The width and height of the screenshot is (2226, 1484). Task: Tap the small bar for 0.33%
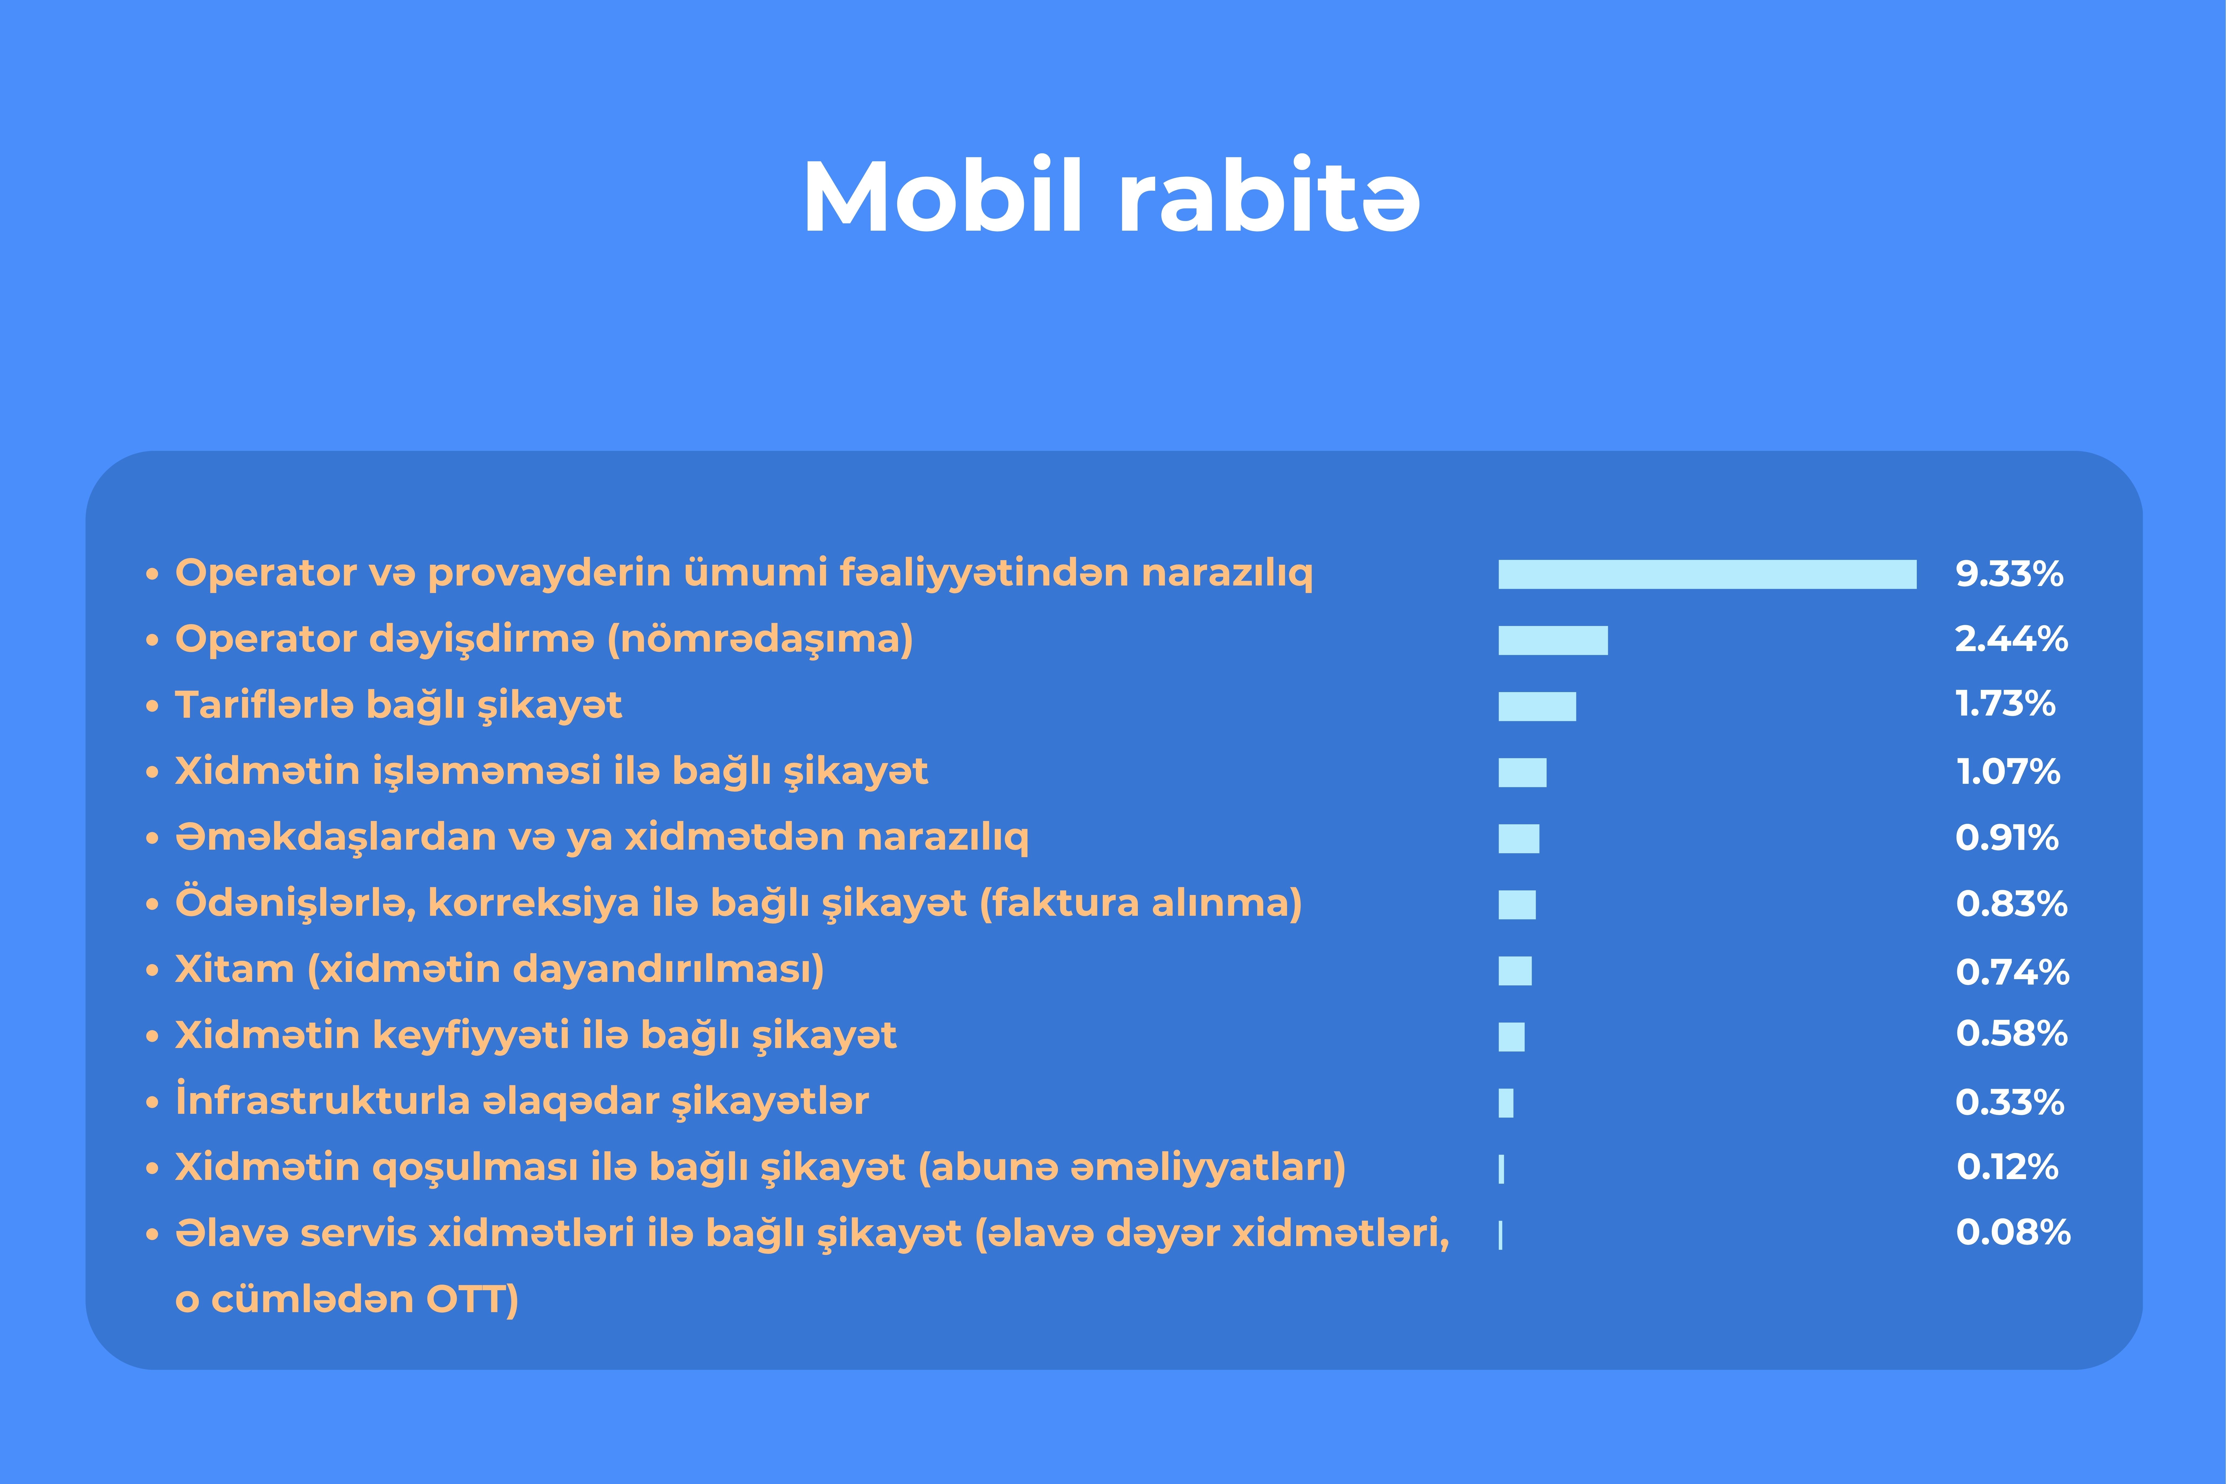coord(1506,1102)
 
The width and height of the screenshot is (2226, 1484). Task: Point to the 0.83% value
coord(2011,904)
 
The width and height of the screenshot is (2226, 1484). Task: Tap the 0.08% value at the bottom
coord(2013,1232)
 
